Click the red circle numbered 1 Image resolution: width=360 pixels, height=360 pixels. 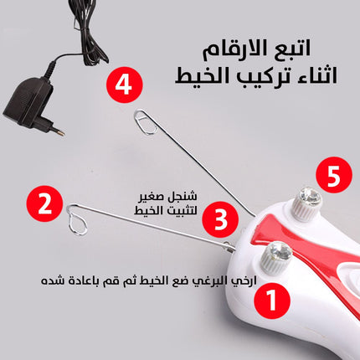click(272, 301)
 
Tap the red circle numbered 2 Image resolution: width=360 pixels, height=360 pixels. click(44, 204)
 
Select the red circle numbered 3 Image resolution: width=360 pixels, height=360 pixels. click(220, 219)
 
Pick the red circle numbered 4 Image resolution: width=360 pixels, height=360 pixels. click(125, 85)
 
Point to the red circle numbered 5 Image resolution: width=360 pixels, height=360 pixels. click(334, 175)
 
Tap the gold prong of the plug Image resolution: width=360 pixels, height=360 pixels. click(59, 131)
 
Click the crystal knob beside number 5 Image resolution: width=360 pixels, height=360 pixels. click(306, 203)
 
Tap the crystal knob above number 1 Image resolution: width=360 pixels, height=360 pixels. click(276, 257)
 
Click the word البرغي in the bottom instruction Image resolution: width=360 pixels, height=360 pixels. click(213, 281)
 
